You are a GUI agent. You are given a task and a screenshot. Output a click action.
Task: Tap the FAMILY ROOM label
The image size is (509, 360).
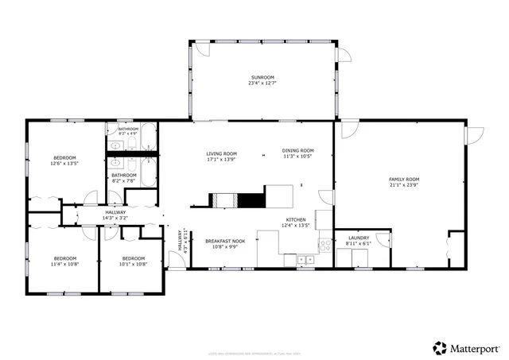click(403, 180)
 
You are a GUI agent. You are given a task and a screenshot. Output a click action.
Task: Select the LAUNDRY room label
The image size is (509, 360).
click(358, 238)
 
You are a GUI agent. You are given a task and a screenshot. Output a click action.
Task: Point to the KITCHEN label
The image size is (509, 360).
click(297, 220)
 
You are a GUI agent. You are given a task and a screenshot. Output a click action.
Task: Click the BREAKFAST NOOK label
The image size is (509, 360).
click(224, 241)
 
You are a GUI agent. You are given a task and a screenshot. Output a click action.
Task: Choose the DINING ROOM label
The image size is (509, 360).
click(298, 150)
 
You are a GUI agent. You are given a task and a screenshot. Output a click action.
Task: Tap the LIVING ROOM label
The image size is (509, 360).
click(222, 154)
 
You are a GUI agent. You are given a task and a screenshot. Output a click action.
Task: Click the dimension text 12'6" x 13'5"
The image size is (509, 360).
click(64, 165)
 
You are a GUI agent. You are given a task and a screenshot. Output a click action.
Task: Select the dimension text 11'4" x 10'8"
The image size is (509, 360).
click(64, 264)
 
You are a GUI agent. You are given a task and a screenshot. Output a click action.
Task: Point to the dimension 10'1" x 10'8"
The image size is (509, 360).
click(133, 264)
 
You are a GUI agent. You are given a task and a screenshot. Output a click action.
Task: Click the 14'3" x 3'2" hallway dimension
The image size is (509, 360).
click(115, 218)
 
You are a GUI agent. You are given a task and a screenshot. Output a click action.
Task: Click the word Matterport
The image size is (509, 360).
click(476, 347)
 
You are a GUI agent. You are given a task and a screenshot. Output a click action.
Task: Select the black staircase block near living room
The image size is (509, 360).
click(253, 200)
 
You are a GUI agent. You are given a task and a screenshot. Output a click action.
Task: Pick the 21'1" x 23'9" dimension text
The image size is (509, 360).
click(403, 185)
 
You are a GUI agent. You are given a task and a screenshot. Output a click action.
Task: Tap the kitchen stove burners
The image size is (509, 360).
click(324, 246)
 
